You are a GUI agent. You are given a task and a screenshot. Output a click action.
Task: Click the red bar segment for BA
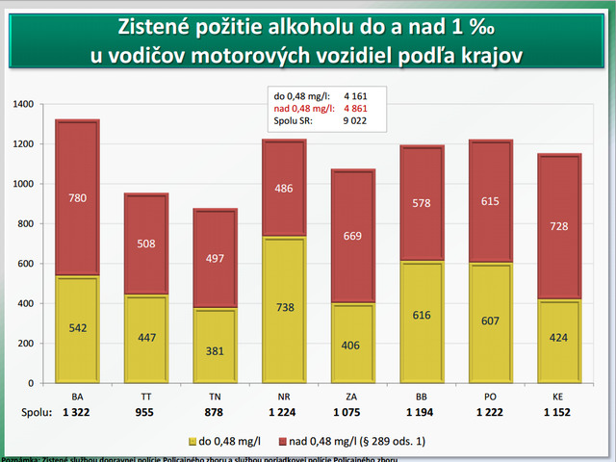tap(77, 198)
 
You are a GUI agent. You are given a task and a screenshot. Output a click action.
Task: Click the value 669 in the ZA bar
tap(353, 237)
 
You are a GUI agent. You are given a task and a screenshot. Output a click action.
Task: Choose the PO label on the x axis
tap(492, 396)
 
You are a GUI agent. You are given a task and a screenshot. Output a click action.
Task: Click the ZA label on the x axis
tap(353, 396)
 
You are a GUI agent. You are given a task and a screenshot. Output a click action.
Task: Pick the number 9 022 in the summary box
tap(356, 120)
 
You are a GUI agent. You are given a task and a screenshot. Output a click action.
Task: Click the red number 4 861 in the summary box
tap(356, 108)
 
